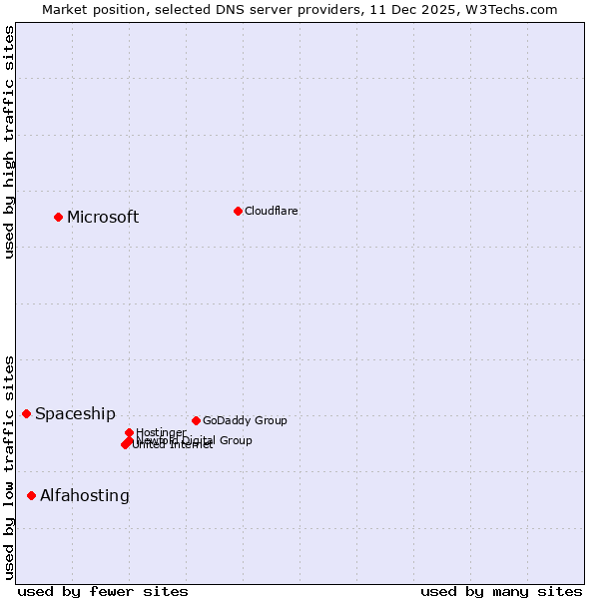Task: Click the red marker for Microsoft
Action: (x=58, y=217)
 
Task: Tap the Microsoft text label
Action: (x=103, y=218)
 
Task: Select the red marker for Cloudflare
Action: (x=238, y=211)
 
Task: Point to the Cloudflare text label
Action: (x=271, y=211)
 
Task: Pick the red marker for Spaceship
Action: (x=26, y=413)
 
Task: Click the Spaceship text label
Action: (x=75, y=414)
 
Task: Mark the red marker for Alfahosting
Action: (x=31, y=495)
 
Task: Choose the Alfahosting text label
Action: (x=85, y=496)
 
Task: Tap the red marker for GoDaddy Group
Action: (x=196, y=420)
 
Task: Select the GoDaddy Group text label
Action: (x=245, y=421)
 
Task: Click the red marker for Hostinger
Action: (x=129, y=432)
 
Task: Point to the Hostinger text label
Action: (x=161, y=432)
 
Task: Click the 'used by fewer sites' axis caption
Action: (x=103, y=591)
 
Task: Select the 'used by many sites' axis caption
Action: (x=501, y=591)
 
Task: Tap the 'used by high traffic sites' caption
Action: (x=9, y=142)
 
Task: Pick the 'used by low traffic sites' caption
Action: (x=9, y=466)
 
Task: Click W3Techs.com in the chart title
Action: (x=516, y=9)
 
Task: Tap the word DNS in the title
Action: (x=214, y=9)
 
